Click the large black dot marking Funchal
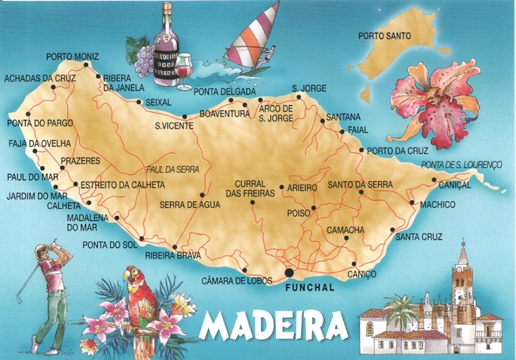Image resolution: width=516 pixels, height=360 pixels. tap(288, 272)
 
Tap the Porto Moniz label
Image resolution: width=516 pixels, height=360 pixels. tap(72, 57)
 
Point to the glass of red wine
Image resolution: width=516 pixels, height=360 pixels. tap(185, 68)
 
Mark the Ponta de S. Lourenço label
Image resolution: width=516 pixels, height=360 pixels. tap(462, 165)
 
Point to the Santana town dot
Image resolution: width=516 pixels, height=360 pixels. tap(322, 121)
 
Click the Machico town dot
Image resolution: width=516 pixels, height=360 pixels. tap(412, 202)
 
